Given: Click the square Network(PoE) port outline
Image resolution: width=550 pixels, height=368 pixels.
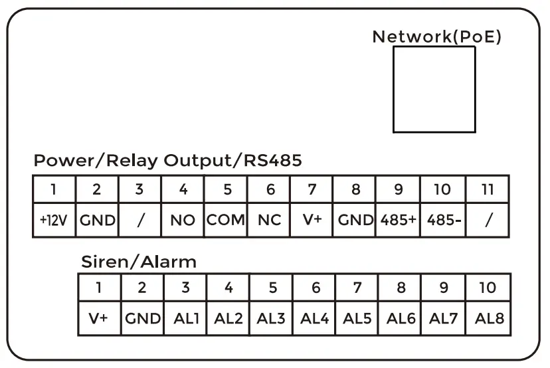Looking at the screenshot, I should [x=434, y=89].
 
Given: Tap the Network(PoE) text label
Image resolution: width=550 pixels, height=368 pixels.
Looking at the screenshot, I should [x=436, y=37].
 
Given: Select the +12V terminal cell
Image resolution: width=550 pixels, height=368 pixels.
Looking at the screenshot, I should [x=54, y=221].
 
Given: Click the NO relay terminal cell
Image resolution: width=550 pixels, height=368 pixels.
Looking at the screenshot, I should [x=183, y=221].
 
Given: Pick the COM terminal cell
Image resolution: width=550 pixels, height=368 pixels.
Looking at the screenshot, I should [x=226, y=221].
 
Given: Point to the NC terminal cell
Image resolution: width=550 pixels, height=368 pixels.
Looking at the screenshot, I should [x=270, y=221].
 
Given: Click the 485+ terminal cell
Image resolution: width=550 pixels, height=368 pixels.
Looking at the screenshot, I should [x=399, y=221].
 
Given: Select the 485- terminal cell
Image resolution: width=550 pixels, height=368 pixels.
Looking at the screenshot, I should [x=442, y=221].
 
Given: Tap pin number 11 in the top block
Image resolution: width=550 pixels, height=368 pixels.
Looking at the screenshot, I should [x=488, y=189].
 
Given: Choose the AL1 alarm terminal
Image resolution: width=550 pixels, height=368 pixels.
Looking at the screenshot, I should [x=185, y=318].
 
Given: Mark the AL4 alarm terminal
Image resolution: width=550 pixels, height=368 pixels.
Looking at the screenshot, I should [x=315, y=318].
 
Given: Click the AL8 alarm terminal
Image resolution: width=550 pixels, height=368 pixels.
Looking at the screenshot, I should [x=489, y=318].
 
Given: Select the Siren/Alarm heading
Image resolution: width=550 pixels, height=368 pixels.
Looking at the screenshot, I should [x=138, y=262].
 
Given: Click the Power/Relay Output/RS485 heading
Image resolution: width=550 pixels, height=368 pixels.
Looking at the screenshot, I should [x=167, y=161].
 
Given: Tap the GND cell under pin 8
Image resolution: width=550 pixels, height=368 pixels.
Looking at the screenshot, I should [x=355, y=221].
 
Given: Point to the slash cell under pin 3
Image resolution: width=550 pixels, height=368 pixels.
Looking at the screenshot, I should [x=139, y=221].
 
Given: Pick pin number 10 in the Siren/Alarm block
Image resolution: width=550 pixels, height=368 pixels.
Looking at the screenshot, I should [x=488, y=288].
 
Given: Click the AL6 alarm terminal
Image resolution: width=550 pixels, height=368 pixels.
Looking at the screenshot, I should [x=401, y=318].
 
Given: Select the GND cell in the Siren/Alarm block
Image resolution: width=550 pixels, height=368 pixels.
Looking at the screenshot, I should [x=142, y=318].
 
